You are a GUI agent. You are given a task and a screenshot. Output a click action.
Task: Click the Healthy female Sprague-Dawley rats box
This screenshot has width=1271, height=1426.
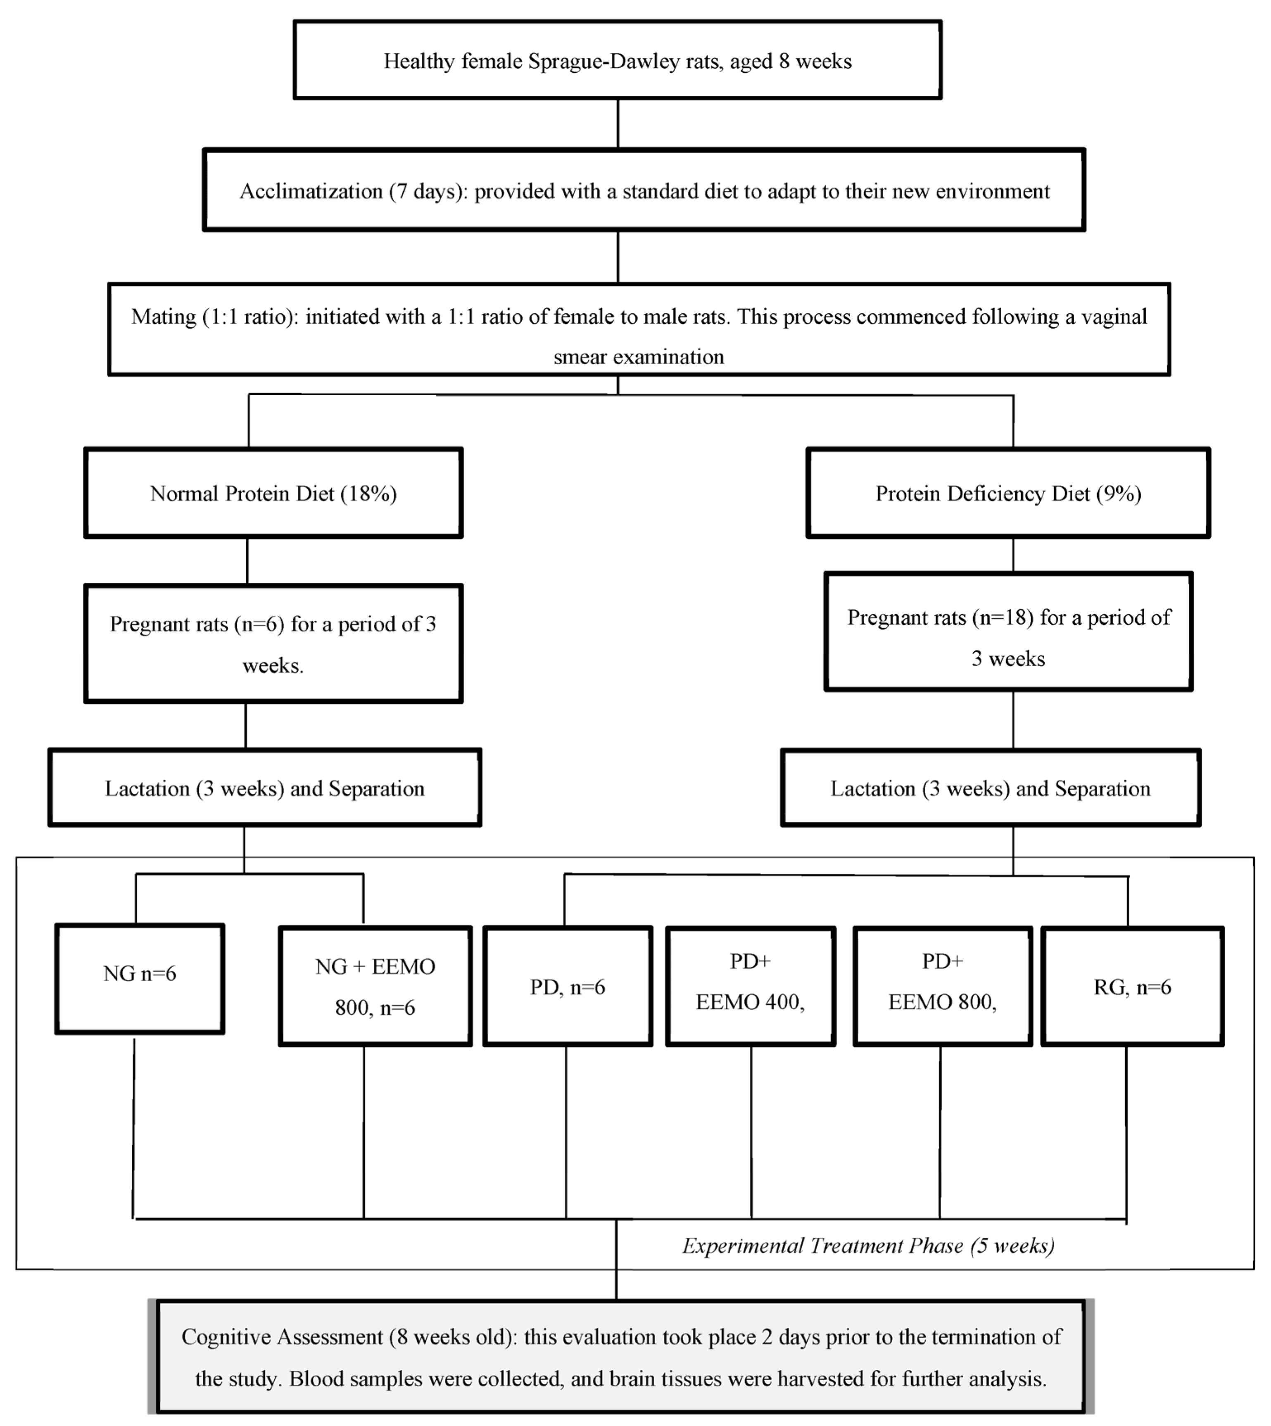pos(618,61)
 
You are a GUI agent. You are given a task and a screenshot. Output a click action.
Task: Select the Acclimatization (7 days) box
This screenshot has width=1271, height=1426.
pos(644,191)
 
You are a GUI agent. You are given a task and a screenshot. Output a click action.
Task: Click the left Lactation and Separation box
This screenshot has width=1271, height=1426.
pos(265,788)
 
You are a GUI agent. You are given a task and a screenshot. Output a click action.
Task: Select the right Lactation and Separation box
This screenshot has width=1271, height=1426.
pos(990,788)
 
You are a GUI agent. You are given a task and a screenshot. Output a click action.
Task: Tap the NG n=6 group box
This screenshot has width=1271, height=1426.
pos(140,977)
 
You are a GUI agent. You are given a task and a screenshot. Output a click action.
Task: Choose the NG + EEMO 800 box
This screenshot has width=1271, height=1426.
pos(375,986)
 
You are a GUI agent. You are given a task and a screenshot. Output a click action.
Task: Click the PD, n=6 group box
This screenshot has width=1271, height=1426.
pos(567,986)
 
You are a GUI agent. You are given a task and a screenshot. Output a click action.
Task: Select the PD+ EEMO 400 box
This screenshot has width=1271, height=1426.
pos(750,986)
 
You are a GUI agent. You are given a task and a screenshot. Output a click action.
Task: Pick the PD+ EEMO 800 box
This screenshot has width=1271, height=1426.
pos(942,986)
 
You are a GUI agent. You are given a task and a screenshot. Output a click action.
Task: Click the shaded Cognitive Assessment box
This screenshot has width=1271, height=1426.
pos(620,1357)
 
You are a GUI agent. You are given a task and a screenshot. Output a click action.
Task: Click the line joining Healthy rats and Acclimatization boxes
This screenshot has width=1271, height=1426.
pos(618,123)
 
